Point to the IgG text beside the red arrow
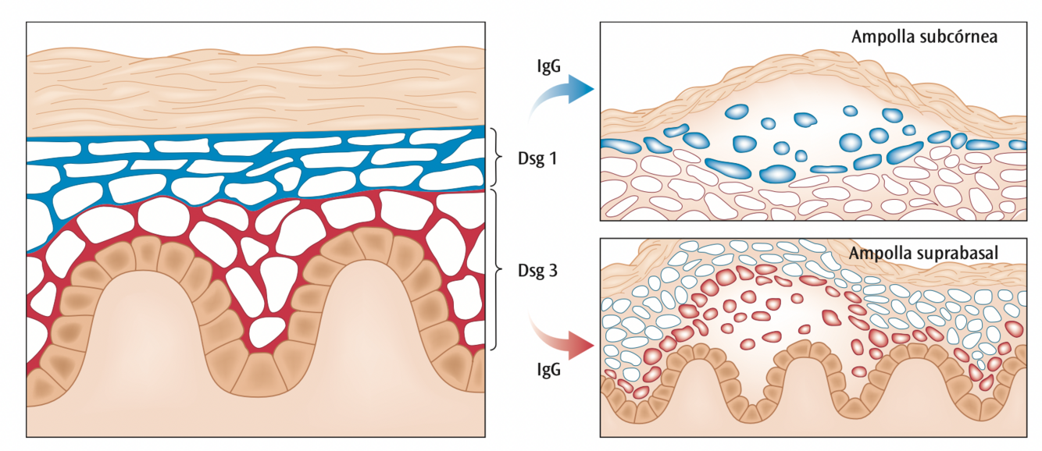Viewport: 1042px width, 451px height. (550, 369)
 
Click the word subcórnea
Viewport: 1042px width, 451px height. (965, 37)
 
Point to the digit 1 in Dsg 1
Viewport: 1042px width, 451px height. (554, 158)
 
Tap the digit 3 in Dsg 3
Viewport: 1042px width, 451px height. (554, 272)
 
